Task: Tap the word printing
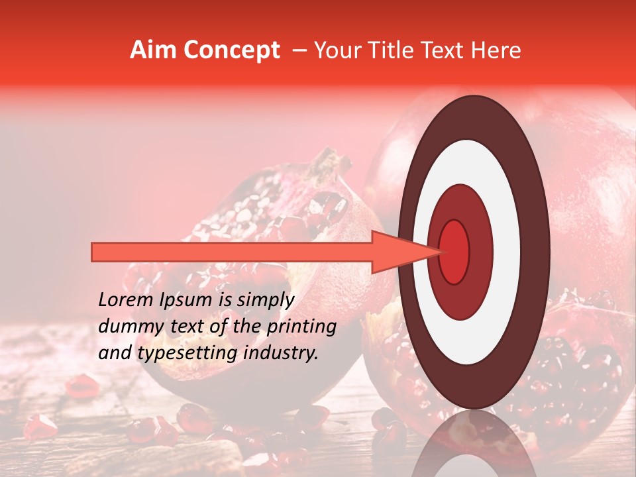tap(301, 327)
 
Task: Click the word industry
tap(281, 353)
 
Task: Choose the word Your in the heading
tap(335, 50)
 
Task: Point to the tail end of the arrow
tap(96, 252)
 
